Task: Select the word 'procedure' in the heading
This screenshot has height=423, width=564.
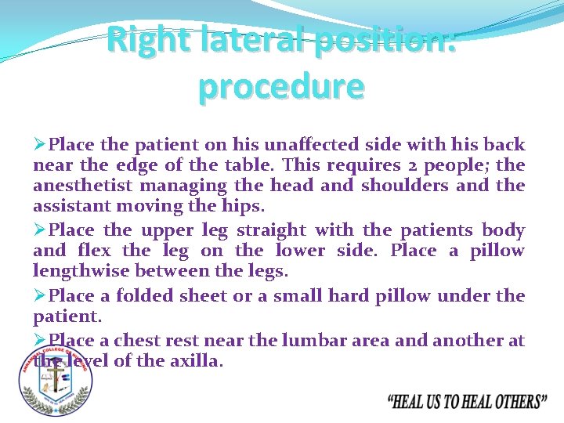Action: [281, 86]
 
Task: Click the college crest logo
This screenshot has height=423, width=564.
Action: [55, 379]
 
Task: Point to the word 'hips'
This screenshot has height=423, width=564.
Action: [245, 206]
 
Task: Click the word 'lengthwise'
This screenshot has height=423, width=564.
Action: [81, 271]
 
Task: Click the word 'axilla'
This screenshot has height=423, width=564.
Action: [199, 361]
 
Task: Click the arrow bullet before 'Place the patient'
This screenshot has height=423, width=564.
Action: [40, 145]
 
